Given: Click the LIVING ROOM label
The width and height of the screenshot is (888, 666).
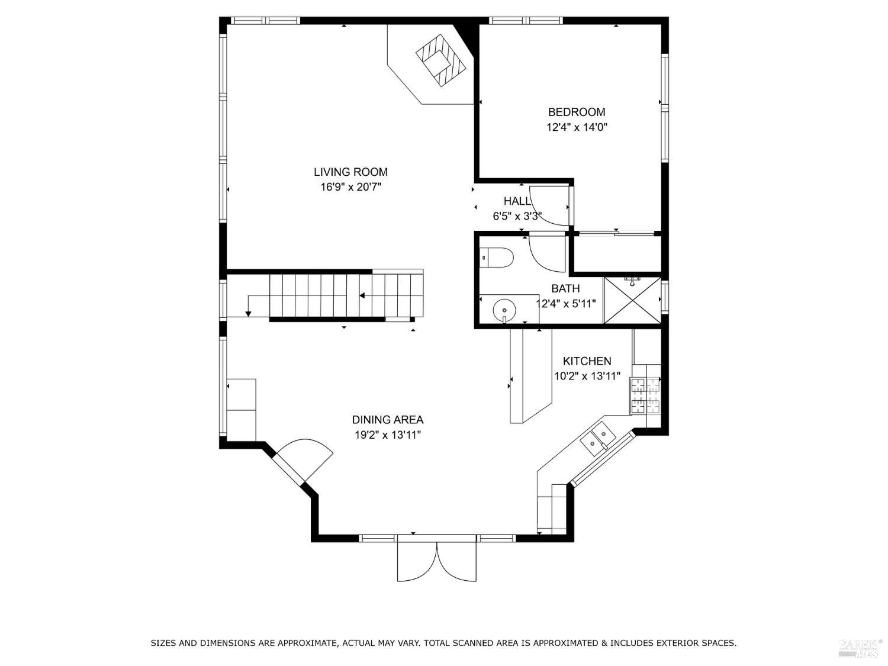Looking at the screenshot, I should pyautogui.click(x=350, y=172).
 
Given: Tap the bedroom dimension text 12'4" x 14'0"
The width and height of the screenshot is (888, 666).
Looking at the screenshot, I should pyautogui.click(x=577, y=127).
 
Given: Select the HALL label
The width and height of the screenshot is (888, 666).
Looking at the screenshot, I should pyautogui.click(x=517, y=201).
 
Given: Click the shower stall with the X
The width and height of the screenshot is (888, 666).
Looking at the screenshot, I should pyautogui.click(x=632, y=300).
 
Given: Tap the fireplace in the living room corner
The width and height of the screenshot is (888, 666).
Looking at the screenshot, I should pyautogui.click(x=441, y=60).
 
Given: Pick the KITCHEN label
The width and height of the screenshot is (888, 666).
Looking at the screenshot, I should pyautogui.click(x=587, y=361).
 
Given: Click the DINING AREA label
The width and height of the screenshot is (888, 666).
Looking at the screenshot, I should pyautogui.click(x=388, y=420).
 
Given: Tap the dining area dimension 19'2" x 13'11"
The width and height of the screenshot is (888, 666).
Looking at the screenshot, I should pyautogui.click(x=388, y=435).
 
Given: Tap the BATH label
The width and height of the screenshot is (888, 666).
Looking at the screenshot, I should pyautogui.click(x=565, y=289).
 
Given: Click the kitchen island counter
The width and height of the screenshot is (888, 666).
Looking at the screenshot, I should pyautogui.click(x=530, y=376).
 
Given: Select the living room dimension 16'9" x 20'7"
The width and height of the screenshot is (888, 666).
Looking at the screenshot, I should pyautogui.click(x=350, y=188).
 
